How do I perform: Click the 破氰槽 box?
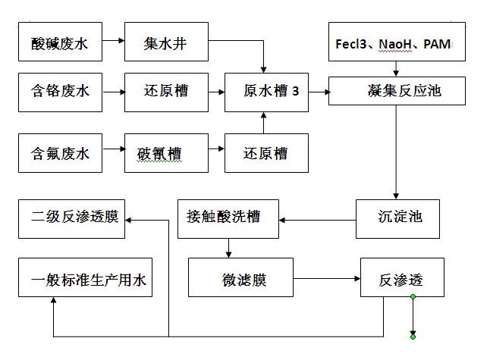165,154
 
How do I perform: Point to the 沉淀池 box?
398,218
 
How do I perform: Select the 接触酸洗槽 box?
228,218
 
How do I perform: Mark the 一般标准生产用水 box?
85,280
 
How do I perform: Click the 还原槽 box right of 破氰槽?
265,154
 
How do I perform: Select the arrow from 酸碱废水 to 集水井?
114,46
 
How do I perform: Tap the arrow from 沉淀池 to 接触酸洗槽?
318,220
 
